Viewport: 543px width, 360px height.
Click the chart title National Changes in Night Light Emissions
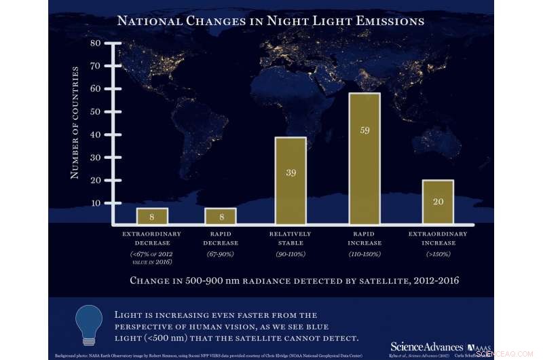coord(271,21)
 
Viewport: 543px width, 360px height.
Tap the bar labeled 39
coord(291,180)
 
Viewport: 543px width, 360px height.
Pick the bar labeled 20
coord(438,202)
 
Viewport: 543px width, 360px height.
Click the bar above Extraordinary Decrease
coord(151,216)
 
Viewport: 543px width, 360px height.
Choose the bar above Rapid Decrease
coord(221,216)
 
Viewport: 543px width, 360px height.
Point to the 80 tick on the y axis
coord(96,43)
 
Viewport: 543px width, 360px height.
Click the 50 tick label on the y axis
coord(96,112)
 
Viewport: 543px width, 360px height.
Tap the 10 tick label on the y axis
coord(96,203)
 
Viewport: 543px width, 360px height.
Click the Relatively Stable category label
coord(291,238)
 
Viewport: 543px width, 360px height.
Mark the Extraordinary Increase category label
coord(438,238)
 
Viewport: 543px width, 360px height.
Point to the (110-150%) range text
coord(364,254)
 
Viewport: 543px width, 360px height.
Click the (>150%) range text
coord(438,254)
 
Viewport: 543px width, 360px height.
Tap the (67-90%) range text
coord(221,254)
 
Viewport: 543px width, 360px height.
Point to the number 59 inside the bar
coord(364,130)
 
